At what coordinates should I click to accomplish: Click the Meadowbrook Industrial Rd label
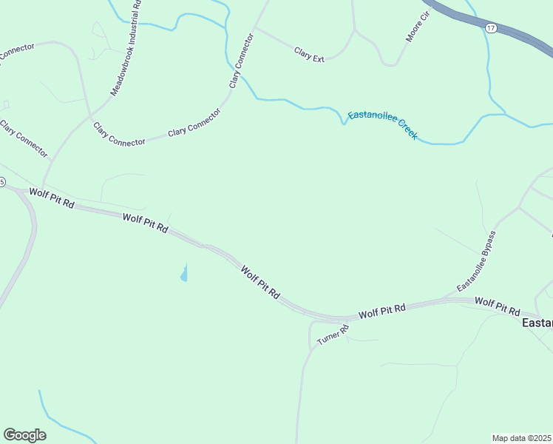click(126, 48)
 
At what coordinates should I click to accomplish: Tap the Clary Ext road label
click(309, 54)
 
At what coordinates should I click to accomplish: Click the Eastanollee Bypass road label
click(477, 260)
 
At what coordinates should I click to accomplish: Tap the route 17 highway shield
click(491, 27)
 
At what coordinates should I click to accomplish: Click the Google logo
click(24, 435)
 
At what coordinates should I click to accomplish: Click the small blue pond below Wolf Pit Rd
click(183, 275)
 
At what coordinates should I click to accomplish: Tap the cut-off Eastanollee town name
click(537, 323)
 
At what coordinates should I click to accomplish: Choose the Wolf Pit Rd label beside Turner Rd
click(382, 311)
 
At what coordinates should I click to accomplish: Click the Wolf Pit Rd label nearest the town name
click(498, 306)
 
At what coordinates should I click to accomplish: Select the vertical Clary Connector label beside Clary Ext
click(241, 61)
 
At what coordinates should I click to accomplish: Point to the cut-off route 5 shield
click(2, 182)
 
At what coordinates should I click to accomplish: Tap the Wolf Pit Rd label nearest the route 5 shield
click(52, 198)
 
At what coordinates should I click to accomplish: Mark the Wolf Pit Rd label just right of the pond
click(259, 283)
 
